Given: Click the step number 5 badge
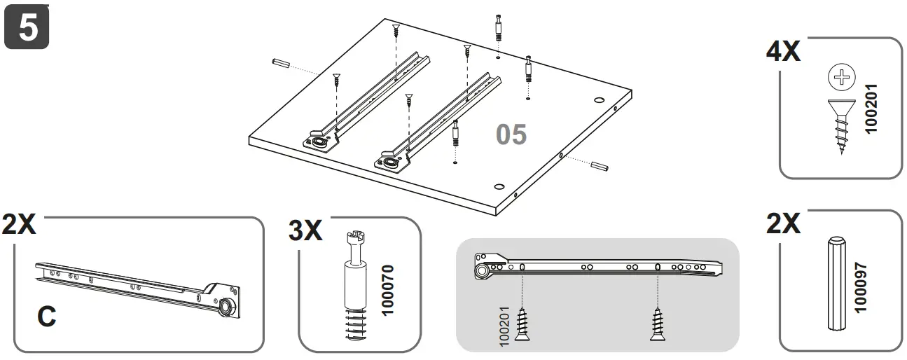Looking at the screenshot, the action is pyautogui.click(x=27, y=27).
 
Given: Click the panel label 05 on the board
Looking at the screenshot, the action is pyautogui.click(x=511, y=135).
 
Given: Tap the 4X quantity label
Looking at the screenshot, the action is pyautogui.click(x=783, y=51).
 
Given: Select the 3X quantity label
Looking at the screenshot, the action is pyautogui.click(x=305, y=230).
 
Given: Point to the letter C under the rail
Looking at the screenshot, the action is pyautogui.click(x=46, y=317).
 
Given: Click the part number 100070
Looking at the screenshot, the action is pyautogui.click(x=387, y=291).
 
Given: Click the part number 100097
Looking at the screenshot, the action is pyautogui.click(x=861, y=288).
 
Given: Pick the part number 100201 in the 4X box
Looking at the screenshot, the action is pyautogui.click(x=871, y=109).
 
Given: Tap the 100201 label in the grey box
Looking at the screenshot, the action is pyautogui.click(x=504, y=326).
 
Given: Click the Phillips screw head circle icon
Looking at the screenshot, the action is pyautogui.click(x=841, y=77).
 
